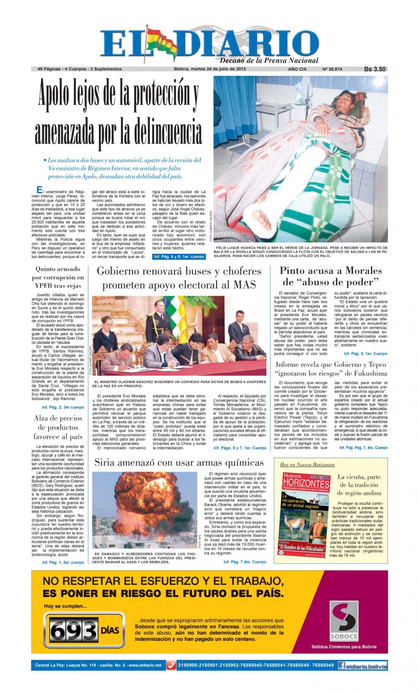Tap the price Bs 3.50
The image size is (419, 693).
point(375,69)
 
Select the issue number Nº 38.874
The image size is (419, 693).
point(332,69)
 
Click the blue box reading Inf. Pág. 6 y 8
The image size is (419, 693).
point(179,257)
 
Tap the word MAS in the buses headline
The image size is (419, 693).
point(244,285)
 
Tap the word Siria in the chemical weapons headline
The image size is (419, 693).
point(105,463)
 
